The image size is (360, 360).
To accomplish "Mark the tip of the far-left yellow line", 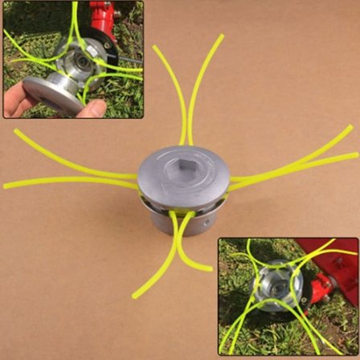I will point(6,186).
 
